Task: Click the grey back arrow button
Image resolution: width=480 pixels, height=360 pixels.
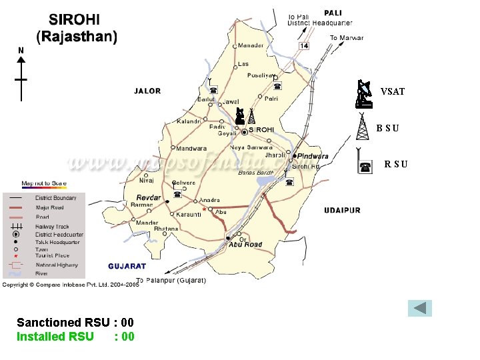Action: (x=420, y=308)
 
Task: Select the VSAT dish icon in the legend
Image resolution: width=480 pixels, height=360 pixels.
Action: (x=363, y=94)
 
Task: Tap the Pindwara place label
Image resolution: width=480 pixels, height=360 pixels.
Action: (x=313, y=156)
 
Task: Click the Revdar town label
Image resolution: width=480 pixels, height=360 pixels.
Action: (x=149, y=197)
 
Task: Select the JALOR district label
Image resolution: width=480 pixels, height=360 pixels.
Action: (x=147, y=91)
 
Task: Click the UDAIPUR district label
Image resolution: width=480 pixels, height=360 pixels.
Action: (x=342, y=211)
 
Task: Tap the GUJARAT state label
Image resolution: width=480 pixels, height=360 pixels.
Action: (x=127, y=266)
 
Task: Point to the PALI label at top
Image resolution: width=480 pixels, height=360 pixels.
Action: (x=333, y=13)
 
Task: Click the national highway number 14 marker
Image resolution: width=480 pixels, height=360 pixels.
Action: (x=304, y=45)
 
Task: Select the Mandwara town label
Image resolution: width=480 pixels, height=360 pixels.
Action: (x=191, y=148)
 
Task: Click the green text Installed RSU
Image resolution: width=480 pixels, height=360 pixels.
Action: (x=55, y=337)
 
